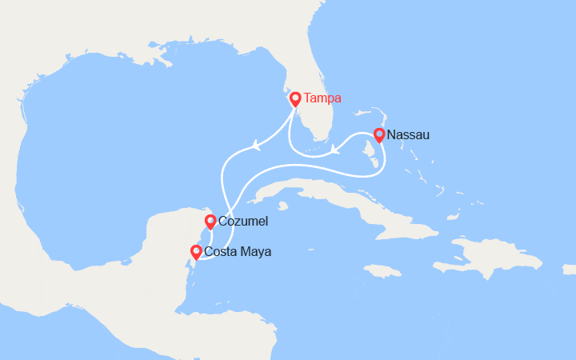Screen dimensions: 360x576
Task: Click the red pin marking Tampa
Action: pos(295,99)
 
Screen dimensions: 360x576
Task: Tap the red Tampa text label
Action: pos(322,98)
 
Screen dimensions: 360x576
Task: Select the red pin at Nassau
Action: pos(379,135)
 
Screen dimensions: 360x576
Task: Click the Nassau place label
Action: pos(408,135)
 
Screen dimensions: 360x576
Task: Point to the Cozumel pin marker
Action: pos(210,222)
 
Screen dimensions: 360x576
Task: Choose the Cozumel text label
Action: pos(244,222)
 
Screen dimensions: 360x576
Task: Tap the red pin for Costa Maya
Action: pos(195,252)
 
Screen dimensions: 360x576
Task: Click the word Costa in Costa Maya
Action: pos(221,252)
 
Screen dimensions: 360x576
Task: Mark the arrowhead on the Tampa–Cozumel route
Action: pos(256,146)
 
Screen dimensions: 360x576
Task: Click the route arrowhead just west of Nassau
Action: pos(335,149)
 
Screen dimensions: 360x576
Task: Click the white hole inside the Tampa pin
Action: pos(295,98)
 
